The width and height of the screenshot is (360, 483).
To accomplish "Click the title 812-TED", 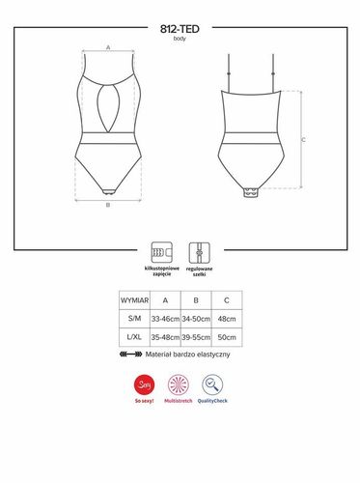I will (180, 28).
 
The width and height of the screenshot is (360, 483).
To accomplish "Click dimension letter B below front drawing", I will (108, 205).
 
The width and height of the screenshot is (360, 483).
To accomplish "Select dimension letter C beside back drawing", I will (304, 141).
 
